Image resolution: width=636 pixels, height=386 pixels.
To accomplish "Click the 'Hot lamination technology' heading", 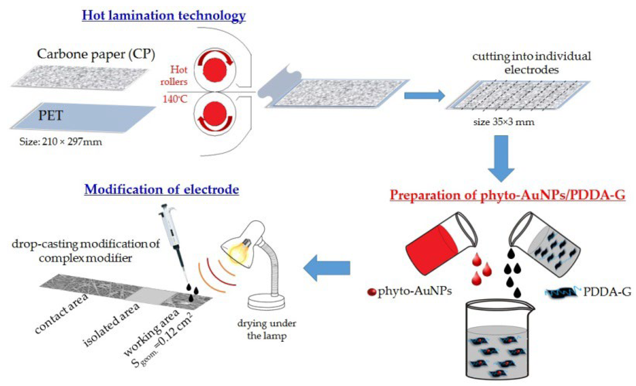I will (x=164, y=15).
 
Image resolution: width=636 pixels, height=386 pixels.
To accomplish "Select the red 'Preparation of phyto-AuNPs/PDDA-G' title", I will (x=507, y=195).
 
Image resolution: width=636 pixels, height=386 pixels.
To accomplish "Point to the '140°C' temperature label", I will (x=175, y=99).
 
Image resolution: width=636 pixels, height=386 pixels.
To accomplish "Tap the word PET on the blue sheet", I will (x=50, y=115).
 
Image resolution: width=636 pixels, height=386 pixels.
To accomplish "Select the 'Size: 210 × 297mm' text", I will (x=61, y=142).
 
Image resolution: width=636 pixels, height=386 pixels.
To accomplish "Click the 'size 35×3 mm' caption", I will (x=504, y=122).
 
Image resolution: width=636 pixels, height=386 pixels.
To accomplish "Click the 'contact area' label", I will (x=62, y=314).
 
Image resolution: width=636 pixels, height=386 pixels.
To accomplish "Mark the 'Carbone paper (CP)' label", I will (x=96, y=54).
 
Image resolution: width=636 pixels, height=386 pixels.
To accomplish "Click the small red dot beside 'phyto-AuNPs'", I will (x=371, y=292).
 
